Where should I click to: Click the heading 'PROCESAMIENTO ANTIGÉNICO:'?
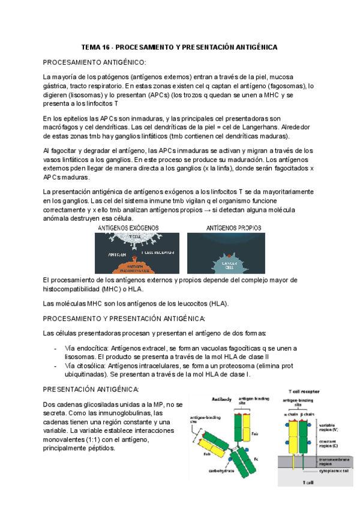point(94,62)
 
